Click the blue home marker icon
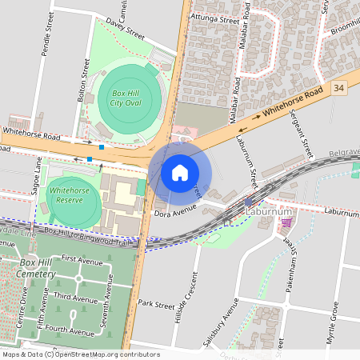(x=180, y=172)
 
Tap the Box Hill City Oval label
(x=126, y=98)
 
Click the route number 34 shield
(x=340, y=88)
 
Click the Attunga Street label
(x=216, y=18)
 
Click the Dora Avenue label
(x=174, y=213)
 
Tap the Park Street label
(x=155, y=304)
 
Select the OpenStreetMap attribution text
(x=81, y=354)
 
